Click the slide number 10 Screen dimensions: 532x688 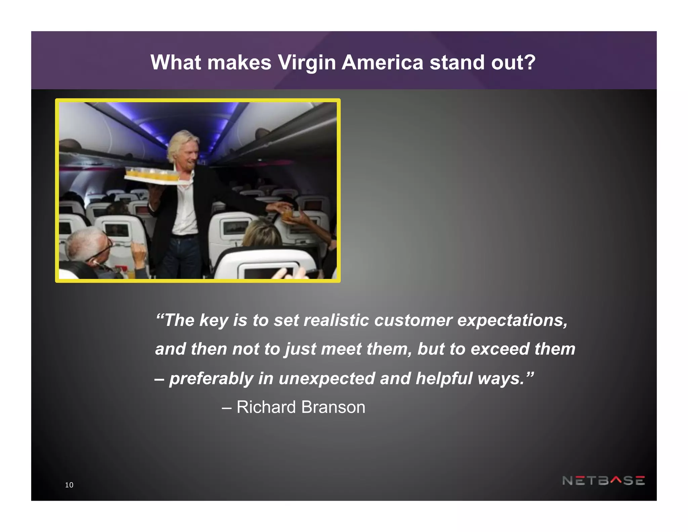click(69, 485)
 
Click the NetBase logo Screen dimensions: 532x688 click(603, 481)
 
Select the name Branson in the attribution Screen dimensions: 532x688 click(333, 407)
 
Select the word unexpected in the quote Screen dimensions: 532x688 click(327, 378)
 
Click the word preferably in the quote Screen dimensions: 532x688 click(211, 379)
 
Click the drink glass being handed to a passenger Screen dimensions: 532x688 click(287, 214)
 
